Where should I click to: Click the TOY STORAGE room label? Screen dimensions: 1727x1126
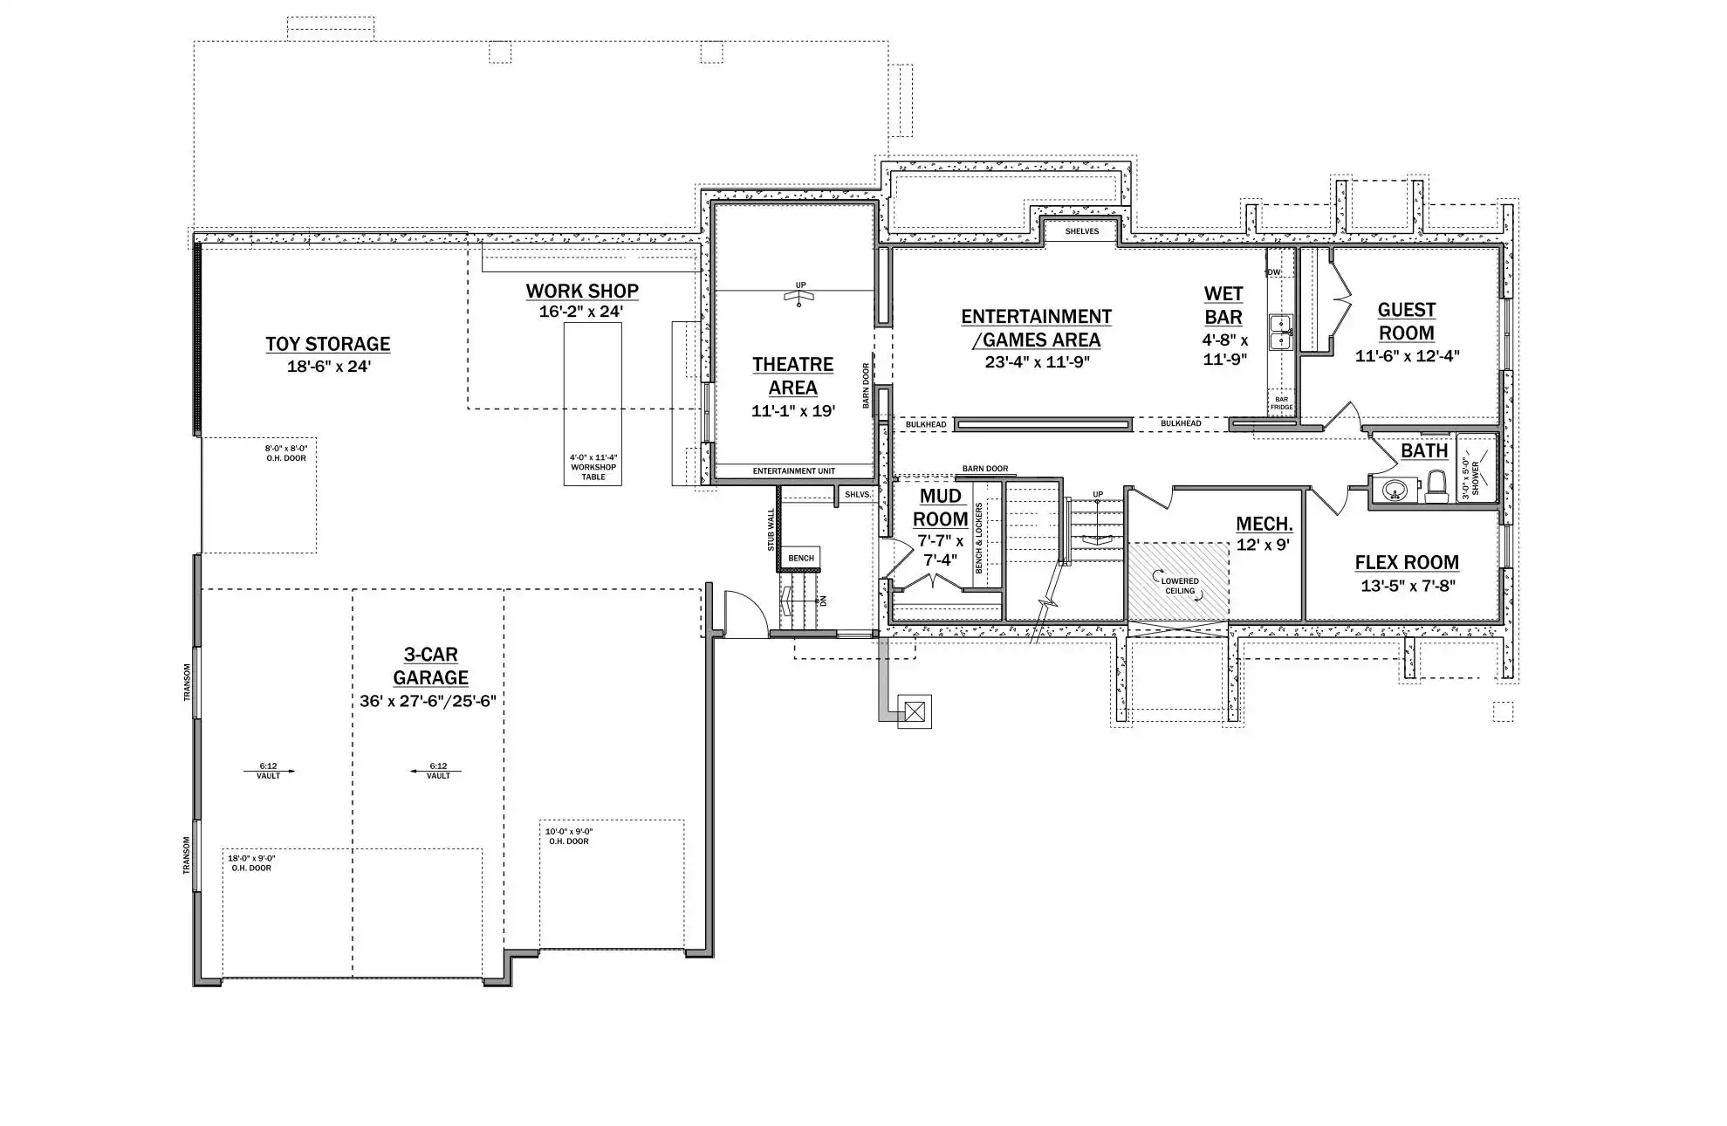[x=328, y=344]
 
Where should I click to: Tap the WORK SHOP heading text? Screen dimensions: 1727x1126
[x=582, y=291]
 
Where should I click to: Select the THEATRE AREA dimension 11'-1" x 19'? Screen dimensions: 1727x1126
[x=793, y=411]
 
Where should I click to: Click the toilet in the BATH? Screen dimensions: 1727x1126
[x=1436, y=487]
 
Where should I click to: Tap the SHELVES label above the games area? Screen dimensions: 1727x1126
[x=1082, y=231]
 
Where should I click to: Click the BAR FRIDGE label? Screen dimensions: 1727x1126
[x=1281, y=403]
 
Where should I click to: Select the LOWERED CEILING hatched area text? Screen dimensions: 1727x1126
[x=1180, y=586]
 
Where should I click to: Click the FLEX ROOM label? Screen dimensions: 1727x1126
[x=1407, y=563]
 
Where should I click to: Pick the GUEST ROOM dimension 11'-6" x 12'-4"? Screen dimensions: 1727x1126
[x=1407, y=356]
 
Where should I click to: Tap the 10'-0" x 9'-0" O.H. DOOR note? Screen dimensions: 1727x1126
[x=569, y=836]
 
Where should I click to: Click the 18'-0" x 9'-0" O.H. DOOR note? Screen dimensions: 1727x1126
[x=251, y=863]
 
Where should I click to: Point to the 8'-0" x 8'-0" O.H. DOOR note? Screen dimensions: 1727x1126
[x=286, y=453]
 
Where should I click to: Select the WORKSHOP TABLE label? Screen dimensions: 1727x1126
[x=593, y=467]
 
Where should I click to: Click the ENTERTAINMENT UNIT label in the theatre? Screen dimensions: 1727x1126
[x=794, y=471]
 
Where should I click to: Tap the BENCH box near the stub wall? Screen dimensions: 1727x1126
[x=800, y=559]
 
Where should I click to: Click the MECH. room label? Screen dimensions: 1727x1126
[x=1264, y=524]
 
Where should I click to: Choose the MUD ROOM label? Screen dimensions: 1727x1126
[x=941, y=508]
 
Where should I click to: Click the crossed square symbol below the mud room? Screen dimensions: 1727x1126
[x=914, y=711]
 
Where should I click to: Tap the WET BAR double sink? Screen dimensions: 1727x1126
[x=1280, y=333]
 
